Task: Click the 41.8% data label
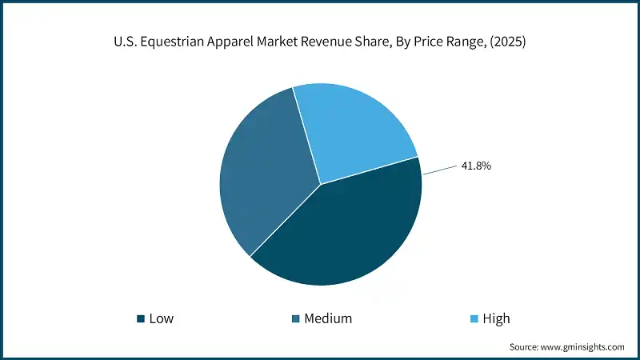(x=475, y=166)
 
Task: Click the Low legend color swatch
(x=142, y=318)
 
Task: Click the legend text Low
(x=162, y=318)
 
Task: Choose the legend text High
(x=496, y=318)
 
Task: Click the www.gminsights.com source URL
(x=583, y=346)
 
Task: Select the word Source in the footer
(x=525, y=346)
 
